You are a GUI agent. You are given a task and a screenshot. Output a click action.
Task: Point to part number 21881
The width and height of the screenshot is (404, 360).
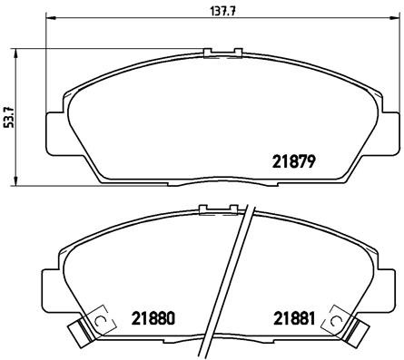coord(294,318)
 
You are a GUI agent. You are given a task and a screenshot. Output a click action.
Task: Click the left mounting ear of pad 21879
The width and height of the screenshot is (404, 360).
coord(55,127)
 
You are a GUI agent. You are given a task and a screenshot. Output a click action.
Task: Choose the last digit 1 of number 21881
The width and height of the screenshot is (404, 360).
coord(311,318)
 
